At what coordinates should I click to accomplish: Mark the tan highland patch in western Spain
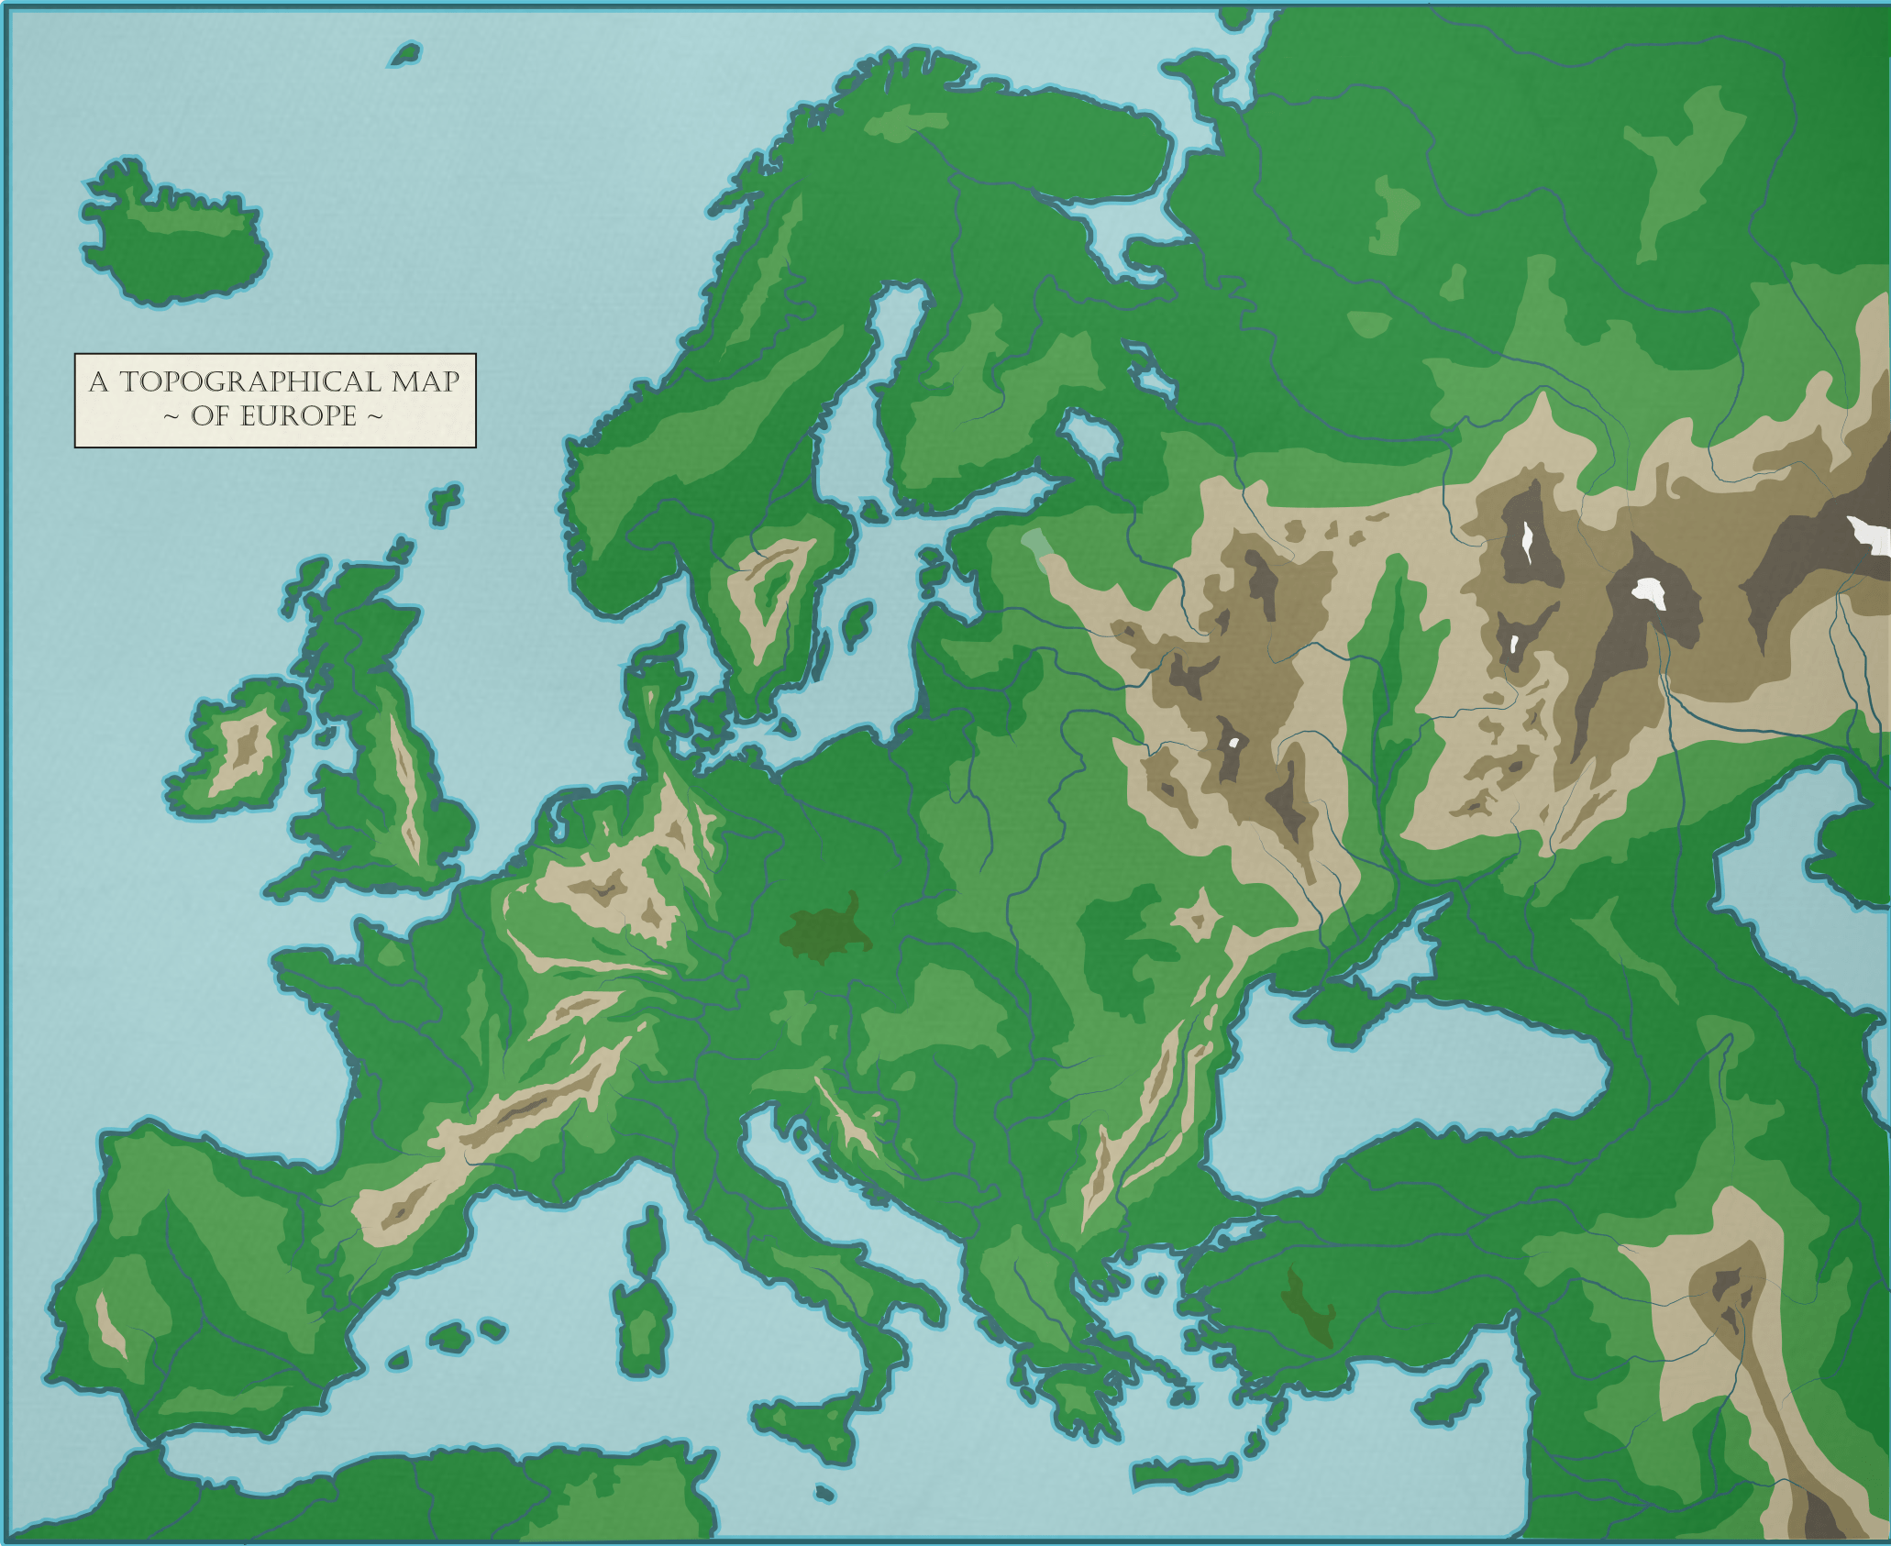110,1324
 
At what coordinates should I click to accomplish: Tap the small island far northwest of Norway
404,55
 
